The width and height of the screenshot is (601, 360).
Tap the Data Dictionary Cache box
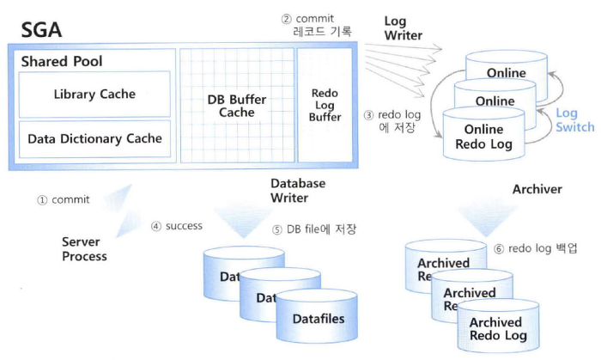click(94, 137)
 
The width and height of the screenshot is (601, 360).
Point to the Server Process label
click(84, 249)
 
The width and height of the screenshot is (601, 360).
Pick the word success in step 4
click(184, 226)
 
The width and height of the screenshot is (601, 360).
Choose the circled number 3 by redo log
click(368, 115)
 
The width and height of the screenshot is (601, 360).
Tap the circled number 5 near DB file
click(277, 229)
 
